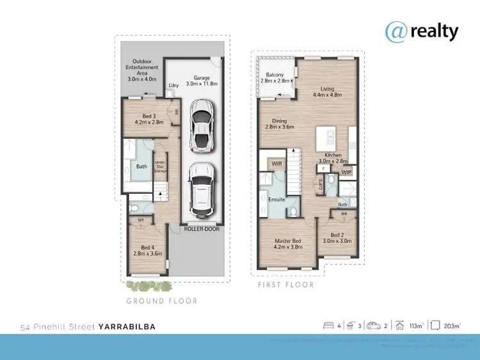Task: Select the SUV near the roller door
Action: (202, 190)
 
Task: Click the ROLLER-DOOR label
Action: (201, 228)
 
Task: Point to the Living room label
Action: (327, 91)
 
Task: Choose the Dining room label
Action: (280, 124)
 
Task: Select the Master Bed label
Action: (283, 244)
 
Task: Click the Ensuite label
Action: (276, 200)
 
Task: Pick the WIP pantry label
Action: (346, 173)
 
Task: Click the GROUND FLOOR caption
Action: (161, 301)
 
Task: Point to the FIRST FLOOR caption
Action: (285, 285)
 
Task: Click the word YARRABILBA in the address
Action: (127, 327)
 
